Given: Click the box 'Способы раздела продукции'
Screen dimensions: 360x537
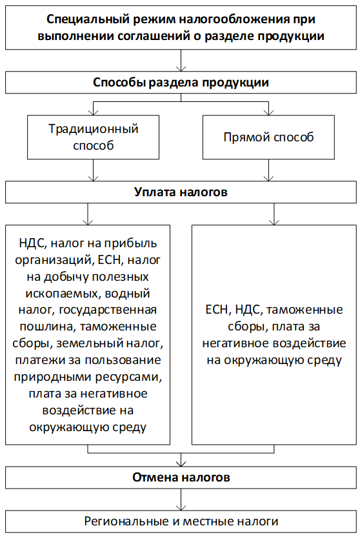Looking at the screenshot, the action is coord(181,82).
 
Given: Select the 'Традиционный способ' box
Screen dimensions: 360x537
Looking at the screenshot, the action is coord(93,137).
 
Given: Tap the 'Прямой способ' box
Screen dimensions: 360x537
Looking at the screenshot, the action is coord(268,137).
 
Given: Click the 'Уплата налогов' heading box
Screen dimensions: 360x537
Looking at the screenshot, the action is coord(181,192).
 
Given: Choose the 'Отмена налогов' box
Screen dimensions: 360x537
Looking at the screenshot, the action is coord(181,477).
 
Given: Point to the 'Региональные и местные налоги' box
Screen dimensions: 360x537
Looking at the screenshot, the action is coord(181,522).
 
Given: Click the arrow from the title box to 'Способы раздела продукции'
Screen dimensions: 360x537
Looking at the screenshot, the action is coord(181,60).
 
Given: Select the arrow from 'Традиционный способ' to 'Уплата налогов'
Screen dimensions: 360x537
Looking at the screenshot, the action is coord(93,170).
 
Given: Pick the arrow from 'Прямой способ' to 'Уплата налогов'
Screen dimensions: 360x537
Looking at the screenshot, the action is coord(268,170).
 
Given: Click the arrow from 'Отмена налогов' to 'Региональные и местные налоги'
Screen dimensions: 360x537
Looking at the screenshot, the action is coord(181,500).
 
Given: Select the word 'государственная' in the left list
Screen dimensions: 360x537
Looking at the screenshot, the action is coord(108,310).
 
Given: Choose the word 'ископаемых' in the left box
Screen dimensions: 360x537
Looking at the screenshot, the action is coord(63,294).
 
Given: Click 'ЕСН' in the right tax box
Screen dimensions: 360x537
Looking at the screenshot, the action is coord(217,310).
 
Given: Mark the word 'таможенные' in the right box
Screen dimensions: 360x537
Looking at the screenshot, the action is coord(305,310).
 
